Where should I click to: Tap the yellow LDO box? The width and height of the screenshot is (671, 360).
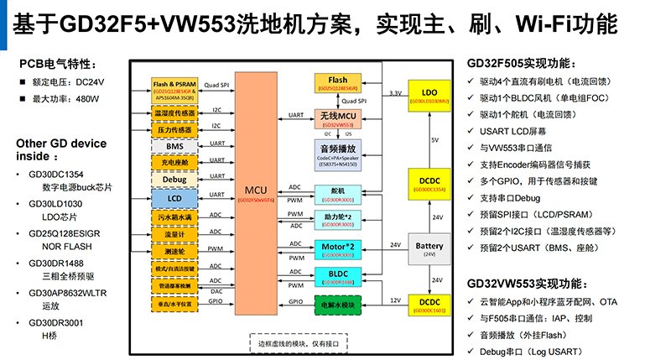coord(430,95)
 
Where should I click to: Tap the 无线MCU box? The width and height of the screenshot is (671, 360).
coord(338,117)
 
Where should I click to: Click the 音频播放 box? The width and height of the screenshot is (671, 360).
coord(338,150)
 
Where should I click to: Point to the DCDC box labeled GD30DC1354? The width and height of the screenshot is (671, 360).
coord(430,185)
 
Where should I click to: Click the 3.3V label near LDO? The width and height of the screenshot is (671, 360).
coord(395,93)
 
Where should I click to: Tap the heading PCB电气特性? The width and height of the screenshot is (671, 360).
coord(63,64)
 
